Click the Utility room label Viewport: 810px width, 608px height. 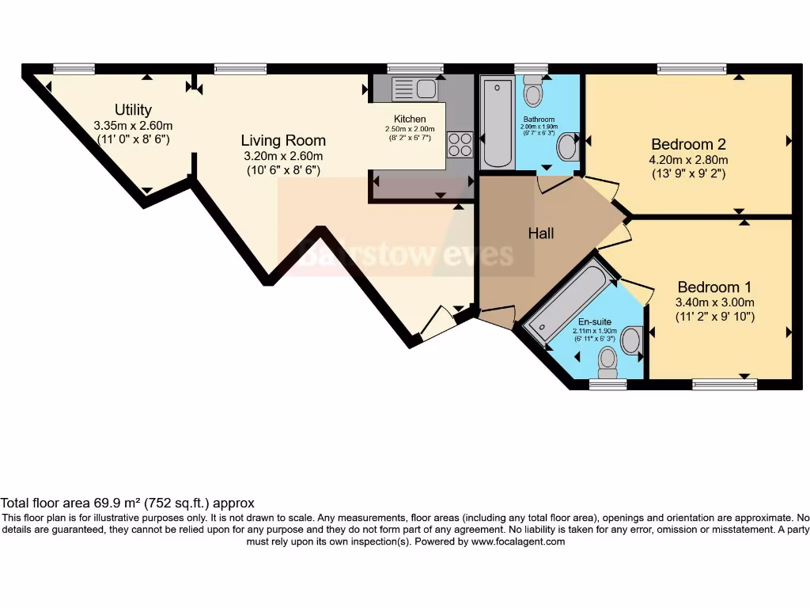click(133, 110)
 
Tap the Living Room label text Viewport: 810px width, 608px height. click(283, 140)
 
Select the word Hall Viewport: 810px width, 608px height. click(541, 234)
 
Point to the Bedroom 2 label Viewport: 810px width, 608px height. click(688, 144)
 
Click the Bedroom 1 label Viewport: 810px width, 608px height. click(714, 287)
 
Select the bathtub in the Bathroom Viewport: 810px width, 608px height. click(498, 122)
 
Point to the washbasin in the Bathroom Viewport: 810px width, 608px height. click(567, 146)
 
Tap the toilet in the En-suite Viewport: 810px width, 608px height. click(607, 363)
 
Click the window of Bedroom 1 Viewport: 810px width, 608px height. click(724, 385)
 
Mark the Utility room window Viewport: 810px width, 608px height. click(74, 69)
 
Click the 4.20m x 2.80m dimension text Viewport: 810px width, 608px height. click(688, 159)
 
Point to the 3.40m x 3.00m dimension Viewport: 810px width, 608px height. click(714, 302)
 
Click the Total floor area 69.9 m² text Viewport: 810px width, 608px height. click(127, 503)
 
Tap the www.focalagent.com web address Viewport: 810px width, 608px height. click(518, 541)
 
